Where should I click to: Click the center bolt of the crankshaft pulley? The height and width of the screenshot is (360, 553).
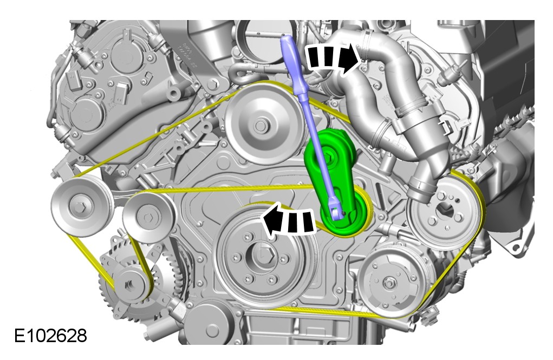[x=265, y=253]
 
